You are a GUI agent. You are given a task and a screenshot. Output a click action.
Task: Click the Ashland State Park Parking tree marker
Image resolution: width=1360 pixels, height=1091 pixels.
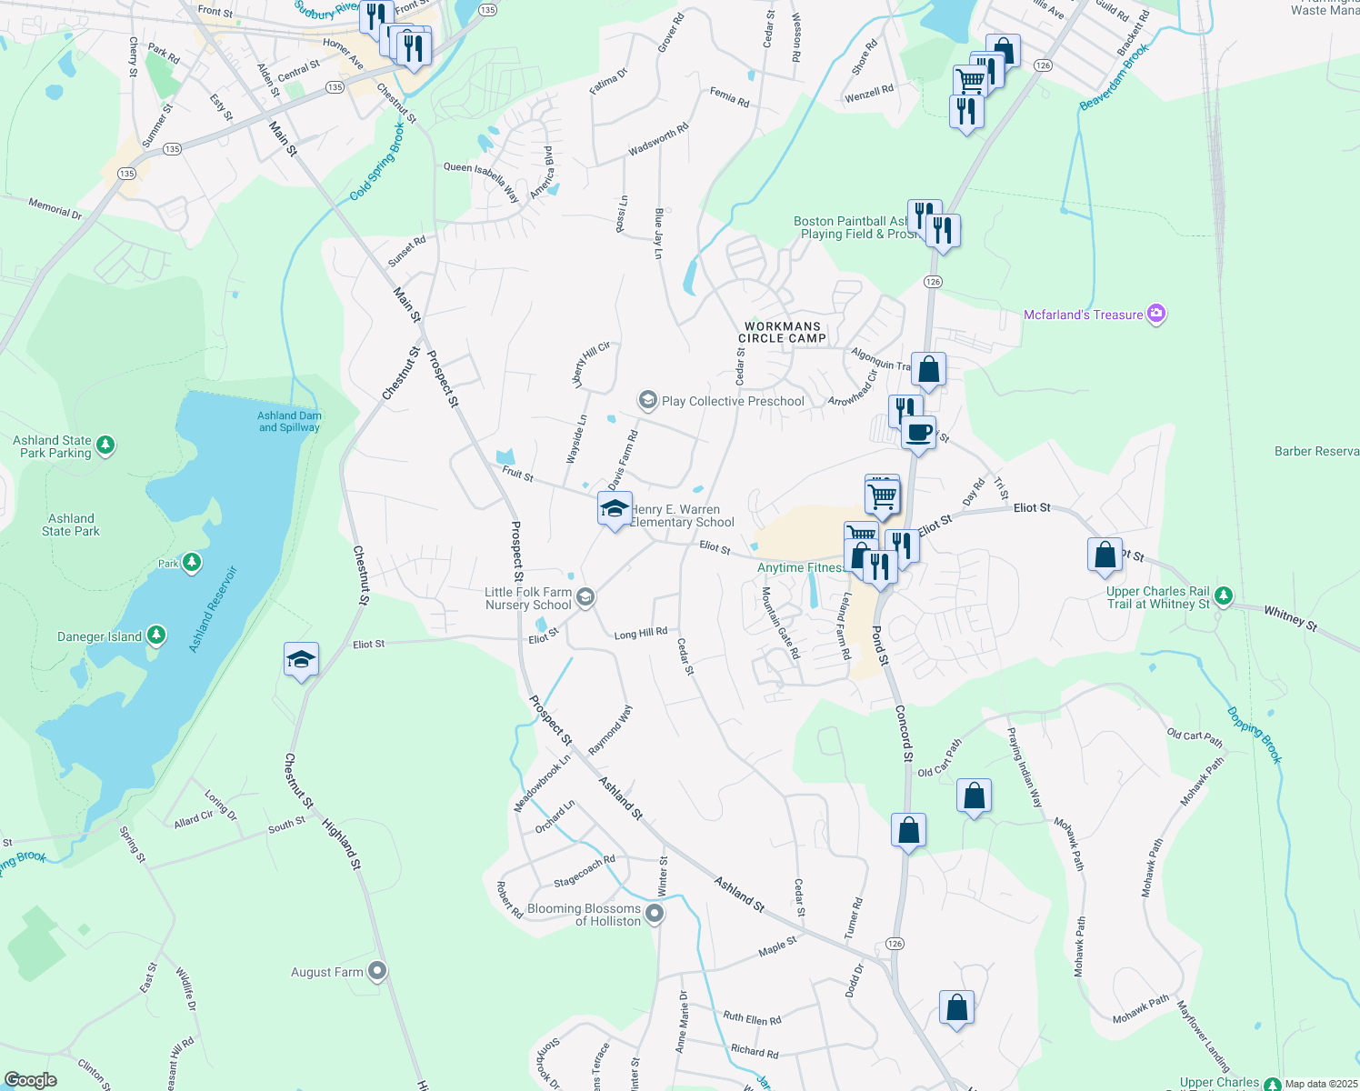(x=106, y=445)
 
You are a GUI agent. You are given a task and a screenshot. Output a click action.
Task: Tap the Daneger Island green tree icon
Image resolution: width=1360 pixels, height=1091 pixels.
(x=156, y=636)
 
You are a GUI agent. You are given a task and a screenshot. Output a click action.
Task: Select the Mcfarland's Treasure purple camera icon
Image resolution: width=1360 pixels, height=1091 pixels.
(x=1156, y=315)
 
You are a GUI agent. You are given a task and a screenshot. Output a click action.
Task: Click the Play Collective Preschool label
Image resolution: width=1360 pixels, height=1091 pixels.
(x=733, y=401)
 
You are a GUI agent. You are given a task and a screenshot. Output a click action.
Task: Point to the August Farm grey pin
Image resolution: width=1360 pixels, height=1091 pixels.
(x=377, y=972)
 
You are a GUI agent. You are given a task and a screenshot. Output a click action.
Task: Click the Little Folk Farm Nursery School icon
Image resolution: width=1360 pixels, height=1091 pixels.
(x=586, y=597)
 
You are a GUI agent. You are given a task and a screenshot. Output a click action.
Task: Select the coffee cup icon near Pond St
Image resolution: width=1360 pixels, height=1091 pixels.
(x=918, y=432)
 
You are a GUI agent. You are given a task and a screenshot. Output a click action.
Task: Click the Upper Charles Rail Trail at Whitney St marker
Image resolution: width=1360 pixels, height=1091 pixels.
(x=1224, y=596)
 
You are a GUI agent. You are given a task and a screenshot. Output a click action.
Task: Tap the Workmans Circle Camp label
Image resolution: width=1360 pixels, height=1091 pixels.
(x=782, y=332)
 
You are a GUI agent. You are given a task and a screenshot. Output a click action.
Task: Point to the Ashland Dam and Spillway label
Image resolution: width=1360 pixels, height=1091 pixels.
(x=289, y=422)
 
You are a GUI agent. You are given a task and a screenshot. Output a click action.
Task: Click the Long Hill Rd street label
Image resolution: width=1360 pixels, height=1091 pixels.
(x=641, y=633)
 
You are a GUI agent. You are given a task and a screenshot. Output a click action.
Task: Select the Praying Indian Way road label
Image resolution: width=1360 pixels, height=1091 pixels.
(x=1025, y=767)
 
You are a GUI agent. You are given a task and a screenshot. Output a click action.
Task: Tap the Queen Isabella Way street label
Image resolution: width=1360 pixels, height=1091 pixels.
(x=481, y=181)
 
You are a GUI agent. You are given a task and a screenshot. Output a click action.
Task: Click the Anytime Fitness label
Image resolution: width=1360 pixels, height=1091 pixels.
(x=800, y=567)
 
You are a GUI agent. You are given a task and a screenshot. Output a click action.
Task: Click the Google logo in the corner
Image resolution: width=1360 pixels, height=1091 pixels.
(x=31, y=1079)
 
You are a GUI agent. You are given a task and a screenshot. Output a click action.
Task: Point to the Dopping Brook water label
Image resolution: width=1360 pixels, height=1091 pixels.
(x=1255, y=735)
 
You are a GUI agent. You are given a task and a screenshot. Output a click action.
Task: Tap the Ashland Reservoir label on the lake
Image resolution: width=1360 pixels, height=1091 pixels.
(x=213, y=609)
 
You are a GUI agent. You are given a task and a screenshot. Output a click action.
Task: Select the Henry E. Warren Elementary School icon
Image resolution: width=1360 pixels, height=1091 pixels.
(x=615, y=509)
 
